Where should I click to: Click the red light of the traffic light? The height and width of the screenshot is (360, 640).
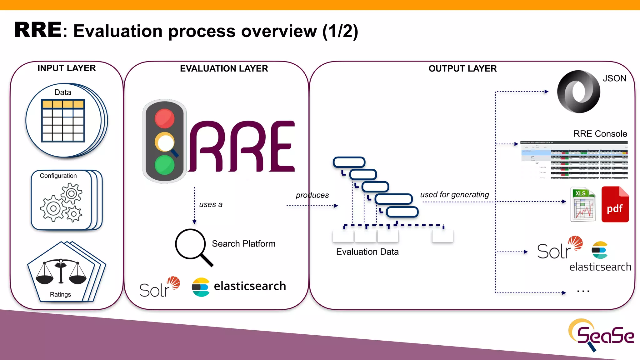point(164,118)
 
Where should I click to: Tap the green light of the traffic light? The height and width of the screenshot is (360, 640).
point(164,165)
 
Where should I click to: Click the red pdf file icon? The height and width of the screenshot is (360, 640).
point(615,205)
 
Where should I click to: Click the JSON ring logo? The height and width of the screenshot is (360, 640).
point(578,92)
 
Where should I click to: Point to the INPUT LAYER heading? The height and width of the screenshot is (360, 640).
point(67,68)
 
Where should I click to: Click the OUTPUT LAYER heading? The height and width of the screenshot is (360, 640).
point(462,68)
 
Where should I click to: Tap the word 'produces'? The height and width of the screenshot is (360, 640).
point(312,195)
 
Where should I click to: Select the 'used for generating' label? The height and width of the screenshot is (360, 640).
point(454,195)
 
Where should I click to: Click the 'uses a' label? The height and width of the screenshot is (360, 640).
point(211,205)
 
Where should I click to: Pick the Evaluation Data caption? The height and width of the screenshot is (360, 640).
point(367,252)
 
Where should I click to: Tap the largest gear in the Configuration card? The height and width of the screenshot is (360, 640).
point(53,208)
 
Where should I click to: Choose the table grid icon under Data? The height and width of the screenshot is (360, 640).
point(63,121)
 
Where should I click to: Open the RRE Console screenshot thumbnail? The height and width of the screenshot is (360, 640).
point(574,160)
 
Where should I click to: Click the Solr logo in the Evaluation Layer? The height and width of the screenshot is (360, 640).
point(159,287)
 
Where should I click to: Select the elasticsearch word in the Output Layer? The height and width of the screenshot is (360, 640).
point(600,267)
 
